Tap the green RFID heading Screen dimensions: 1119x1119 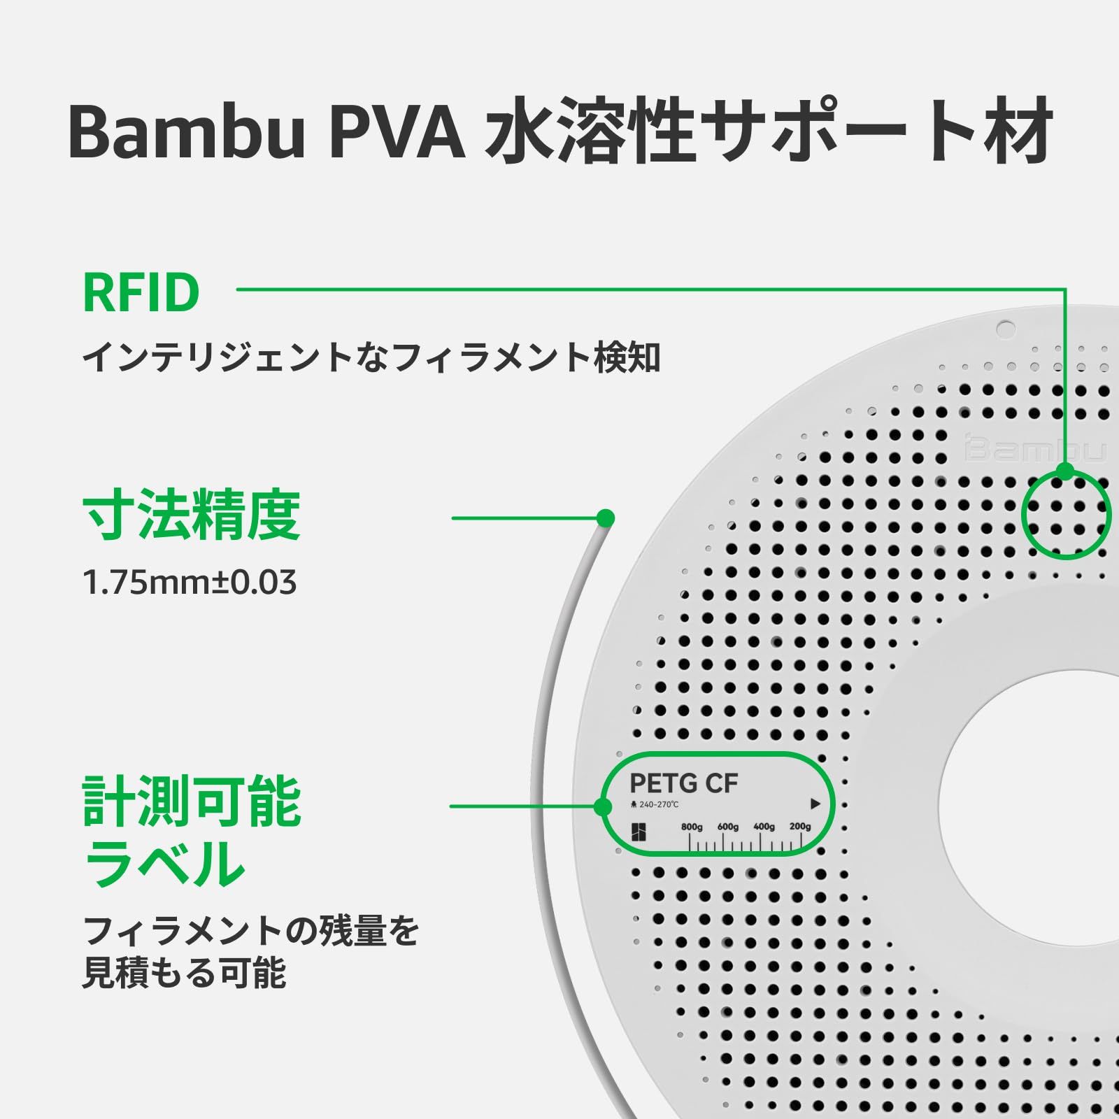(141, 293)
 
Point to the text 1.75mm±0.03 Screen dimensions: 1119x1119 (190, 583)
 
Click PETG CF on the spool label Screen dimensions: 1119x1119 (683, 784)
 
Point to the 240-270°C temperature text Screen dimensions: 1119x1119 (658, 805)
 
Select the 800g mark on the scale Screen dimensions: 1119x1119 (692, 827)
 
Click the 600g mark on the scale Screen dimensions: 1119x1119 (727, 827)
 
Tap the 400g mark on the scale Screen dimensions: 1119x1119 (764, 827)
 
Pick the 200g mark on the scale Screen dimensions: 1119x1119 (800, 827)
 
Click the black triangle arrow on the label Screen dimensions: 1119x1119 (815, 804)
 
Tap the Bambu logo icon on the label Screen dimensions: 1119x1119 (639, 832)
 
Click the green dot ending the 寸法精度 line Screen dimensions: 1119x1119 (606, 518)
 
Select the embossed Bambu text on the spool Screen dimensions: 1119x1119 (1036, 448)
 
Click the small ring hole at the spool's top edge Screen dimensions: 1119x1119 (1005, 328)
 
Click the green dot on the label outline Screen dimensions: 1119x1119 (603, 807)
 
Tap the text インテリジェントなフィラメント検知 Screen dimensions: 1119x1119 (371, 358)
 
